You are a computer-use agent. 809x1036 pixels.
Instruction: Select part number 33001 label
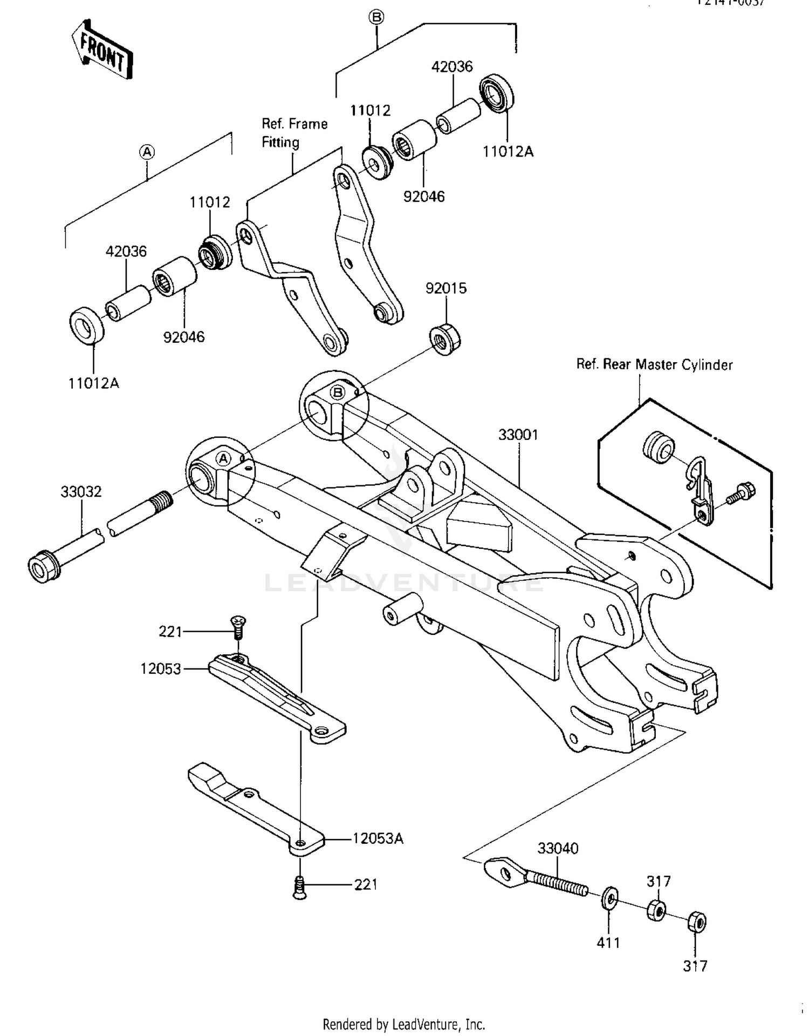[x=518, y=435]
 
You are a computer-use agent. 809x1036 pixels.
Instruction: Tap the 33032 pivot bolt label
[x=81, y=491]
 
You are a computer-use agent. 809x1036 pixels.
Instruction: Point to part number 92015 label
[x=446, y=288]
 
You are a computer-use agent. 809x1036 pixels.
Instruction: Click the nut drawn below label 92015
[x=445, y=339]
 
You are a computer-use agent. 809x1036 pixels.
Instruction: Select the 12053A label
[x=378, y=838]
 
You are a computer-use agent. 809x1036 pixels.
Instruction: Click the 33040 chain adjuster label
[x=558, y=848]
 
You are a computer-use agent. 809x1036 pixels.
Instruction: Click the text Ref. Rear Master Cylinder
[x=654, y=364]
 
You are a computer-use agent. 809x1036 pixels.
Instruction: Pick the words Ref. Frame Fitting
[x=294, y=133]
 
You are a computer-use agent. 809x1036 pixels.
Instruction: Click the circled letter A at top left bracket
[x=147, y=152]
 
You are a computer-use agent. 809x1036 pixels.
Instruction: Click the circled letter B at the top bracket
[x=376, y=17]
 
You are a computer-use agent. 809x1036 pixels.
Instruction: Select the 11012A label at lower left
[x=93, y=383]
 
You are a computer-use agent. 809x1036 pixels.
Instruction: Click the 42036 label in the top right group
[x=452, y=66]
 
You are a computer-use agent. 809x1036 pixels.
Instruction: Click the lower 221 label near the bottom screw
[x=366, y=884]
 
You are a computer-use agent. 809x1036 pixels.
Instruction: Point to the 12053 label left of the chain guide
[x=161, y=668]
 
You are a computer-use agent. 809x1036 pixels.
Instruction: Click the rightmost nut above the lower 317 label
[x=696, y=922]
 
